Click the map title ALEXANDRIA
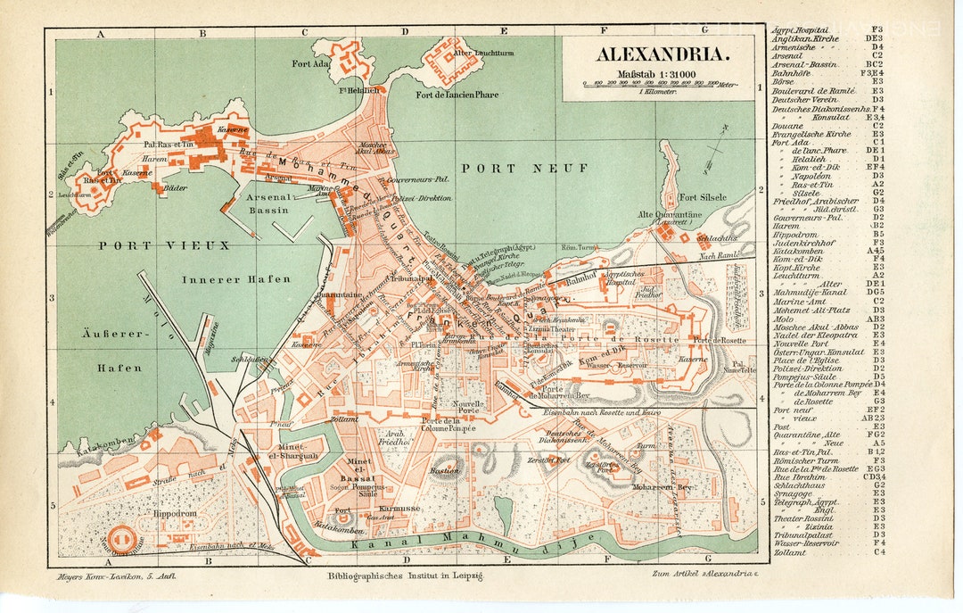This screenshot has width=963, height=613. point(663,55)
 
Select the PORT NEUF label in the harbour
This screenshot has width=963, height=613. point(512,167)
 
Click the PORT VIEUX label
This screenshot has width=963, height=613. point(164,244)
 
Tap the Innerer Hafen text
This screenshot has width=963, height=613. point(236,279)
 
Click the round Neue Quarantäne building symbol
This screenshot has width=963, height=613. point(125,537)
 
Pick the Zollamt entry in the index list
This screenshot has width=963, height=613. point(791,551)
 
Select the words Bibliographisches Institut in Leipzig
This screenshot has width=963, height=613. point(405,576)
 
